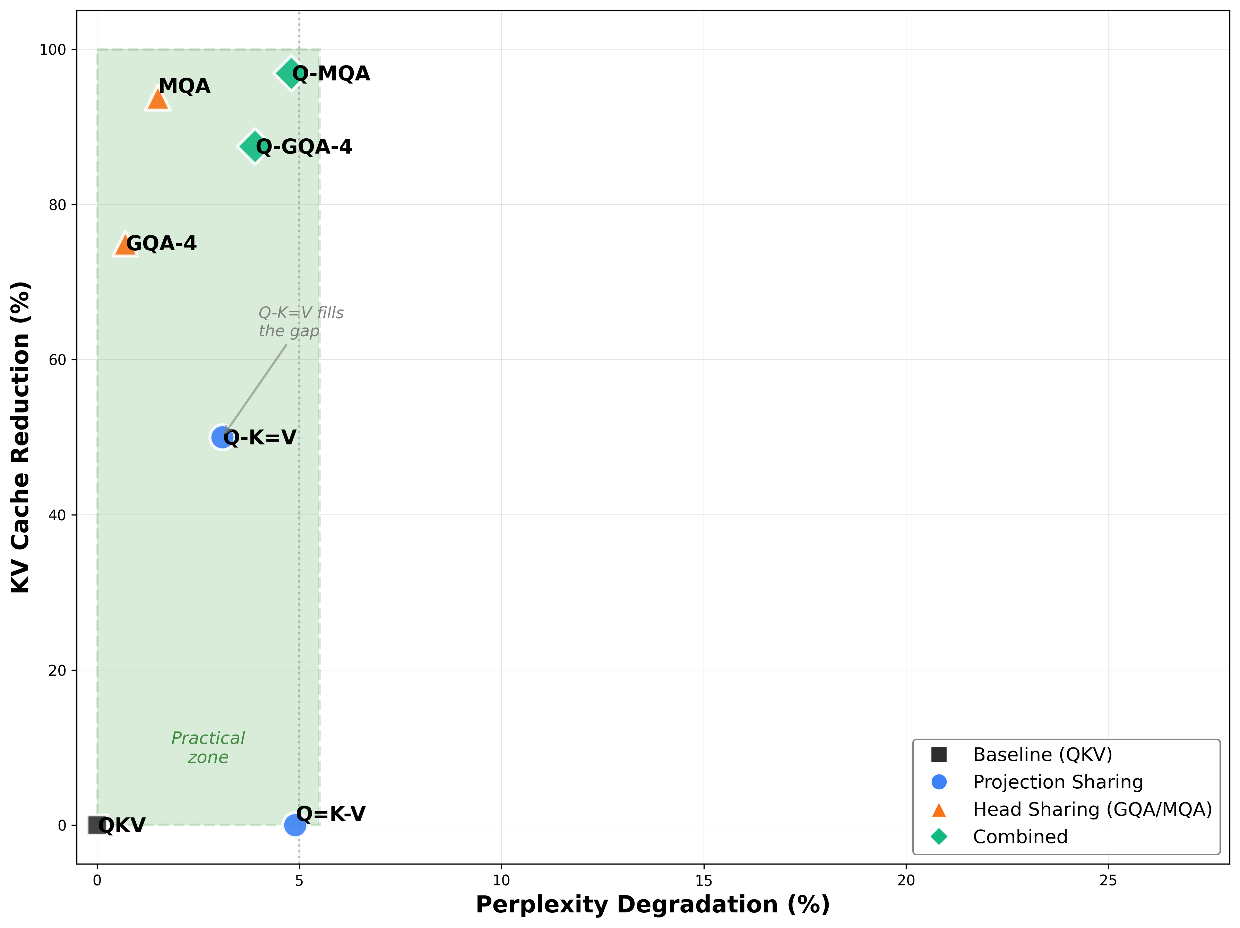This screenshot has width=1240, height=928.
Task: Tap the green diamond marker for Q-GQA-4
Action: pyautogui.click(x=255, y=146)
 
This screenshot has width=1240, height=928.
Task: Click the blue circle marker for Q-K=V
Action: pyautogui.click(x=222, y=437)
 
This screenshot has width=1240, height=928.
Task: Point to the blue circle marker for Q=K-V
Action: pyautogui.click(x=295, y=825)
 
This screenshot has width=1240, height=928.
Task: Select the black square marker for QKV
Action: pyautogui.click(x=97, y=825)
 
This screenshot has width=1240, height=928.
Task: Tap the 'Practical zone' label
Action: pyautogui.click(x=208, y=747)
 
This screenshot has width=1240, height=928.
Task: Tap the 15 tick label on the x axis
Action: pyautogui.click(x=704, y=881)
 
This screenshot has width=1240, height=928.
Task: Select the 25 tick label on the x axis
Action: pyautogui.click(x=1108, y=881)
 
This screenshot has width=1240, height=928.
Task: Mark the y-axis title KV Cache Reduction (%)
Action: pyautogui.click(x=21, y=437)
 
